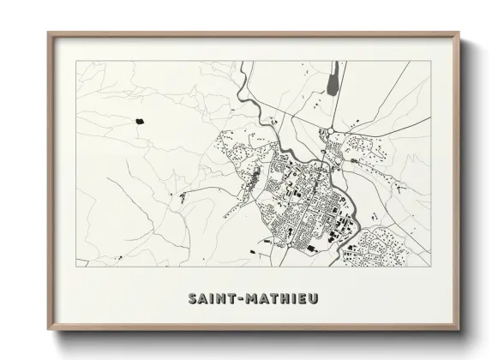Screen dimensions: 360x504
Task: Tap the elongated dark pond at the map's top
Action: click(x=331, y=82)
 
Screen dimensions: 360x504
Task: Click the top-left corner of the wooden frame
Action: click(x=48, y=33)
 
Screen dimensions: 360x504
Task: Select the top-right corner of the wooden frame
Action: click(x=459, y=33)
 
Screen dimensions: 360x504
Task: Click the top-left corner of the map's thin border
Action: click(x=77, y=62)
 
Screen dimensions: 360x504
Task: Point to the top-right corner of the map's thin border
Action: click(x=430, y=62)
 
